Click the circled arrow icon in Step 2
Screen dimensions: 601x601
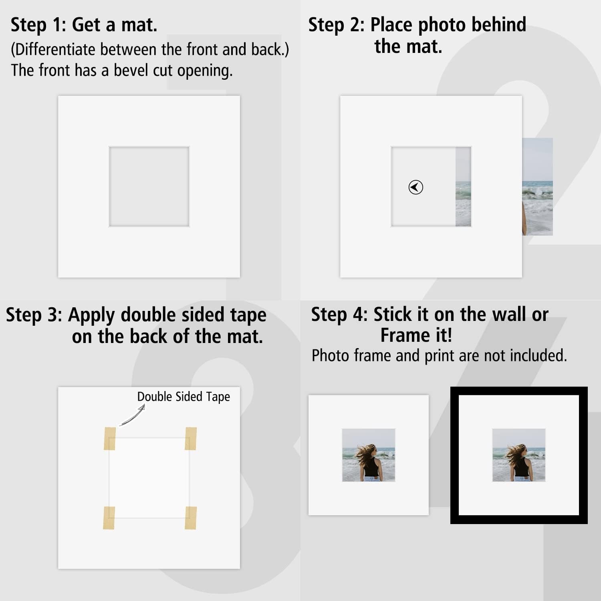coord(415,187)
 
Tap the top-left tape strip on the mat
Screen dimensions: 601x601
coord(110,438)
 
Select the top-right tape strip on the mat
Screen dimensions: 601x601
coord(191,438)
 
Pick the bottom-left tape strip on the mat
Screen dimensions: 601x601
coord(109,518)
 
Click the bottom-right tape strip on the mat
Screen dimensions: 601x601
coord(191,518)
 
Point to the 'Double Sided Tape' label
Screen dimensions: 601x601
coord(184,397)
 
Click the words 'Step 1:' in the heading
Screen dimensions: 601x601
coord(38,25)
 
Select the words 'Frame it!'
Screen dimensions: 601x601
coord(416,335)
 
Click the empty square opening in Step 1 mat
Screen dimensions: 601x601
coord(149,187)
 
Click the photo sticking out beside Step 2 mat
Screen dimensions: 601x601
coord(537,187)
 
